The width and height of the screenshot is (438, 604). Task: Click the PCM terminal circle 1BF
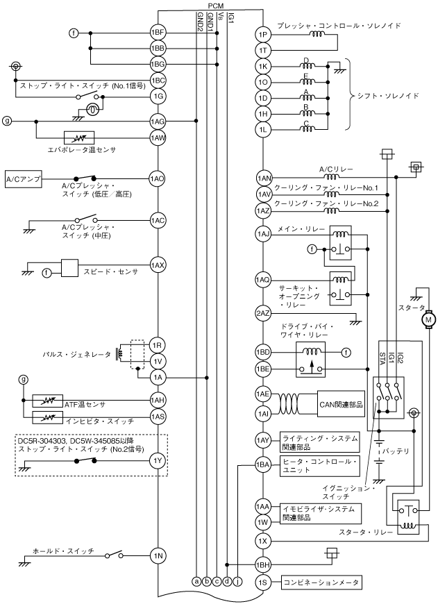(x=158, y=33)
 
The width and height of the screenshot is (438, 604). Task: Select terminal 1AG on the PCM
(x=158, y=121)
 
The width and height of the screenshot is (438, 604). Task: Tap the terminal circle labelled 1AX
(x=158, y=265)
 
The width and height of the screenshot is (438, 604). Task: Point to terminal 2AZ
(x=262, y=313)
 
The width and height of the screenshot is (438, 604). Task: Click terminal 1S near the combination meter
(x=262, y=582)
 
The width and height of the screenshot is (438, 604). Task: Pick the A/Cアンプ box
(x=24, y=178)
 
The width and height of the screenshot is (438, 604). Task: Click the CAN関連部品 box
(x=341, y=404)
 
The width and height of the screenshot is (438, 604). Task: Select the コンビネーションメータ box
(x=321, y=582)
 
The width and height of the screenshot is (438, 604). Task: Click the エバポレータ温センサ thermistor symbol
(x=78, y=137)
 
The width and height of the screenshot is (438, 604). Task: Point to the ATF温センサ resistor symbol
(x=48, y=401)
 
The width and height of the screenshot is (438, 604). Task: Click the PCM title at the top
(x=215, y=6)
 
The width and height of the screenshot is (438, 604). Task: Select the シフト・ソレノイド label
(x=387, y=96)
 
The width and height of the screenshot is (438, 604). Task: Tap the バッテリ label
(x=397, y=451)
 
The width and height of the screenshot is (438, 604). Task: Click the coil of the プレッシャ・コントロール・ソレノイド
(x=317, y=34)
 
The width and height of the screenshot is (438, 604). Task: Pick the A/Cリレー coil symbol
(x=331, y=177)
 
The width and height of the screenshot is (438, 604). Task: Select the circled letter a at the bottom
(x=196, y=582)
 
